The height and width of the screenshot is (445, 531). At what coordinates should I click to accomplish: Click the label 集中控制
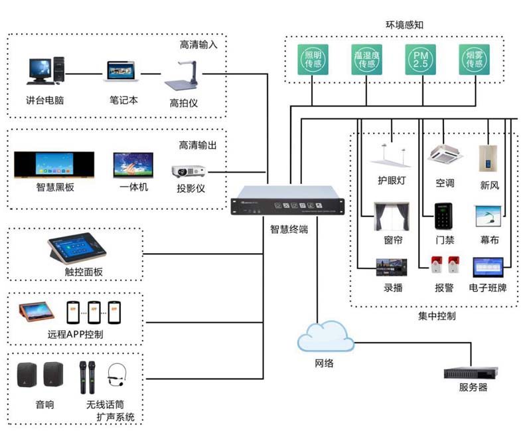[437, 316]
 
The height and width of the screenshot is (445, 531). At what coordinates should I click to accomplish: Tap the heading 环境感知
[404, 25]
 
